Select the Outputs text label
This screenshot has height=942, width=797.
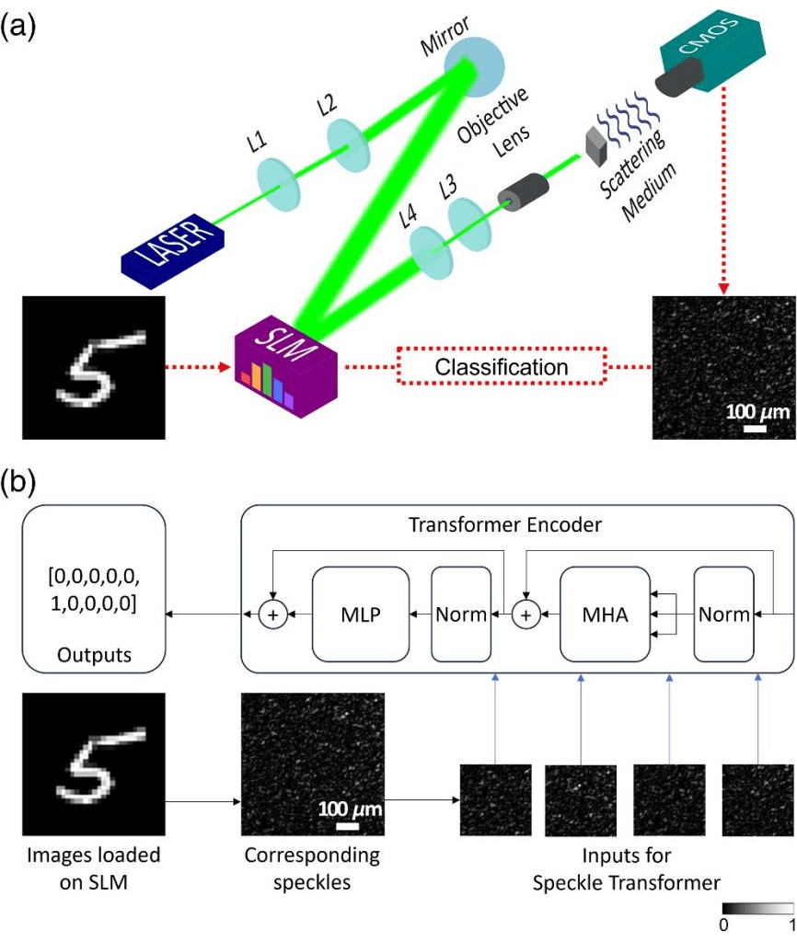pos(95,655)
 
